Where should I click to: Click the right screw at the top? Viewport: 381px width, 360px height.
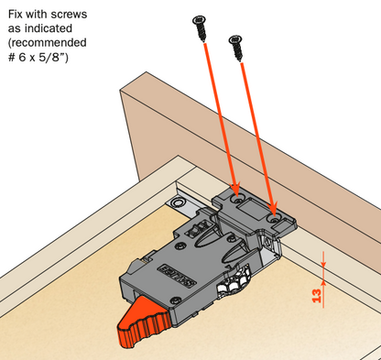[237, 47]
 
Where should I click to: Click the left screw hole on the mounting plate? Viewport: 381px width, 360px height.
[238, 198]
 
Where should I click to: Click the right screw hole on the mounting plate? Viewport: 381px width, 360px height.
[276, 218]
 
